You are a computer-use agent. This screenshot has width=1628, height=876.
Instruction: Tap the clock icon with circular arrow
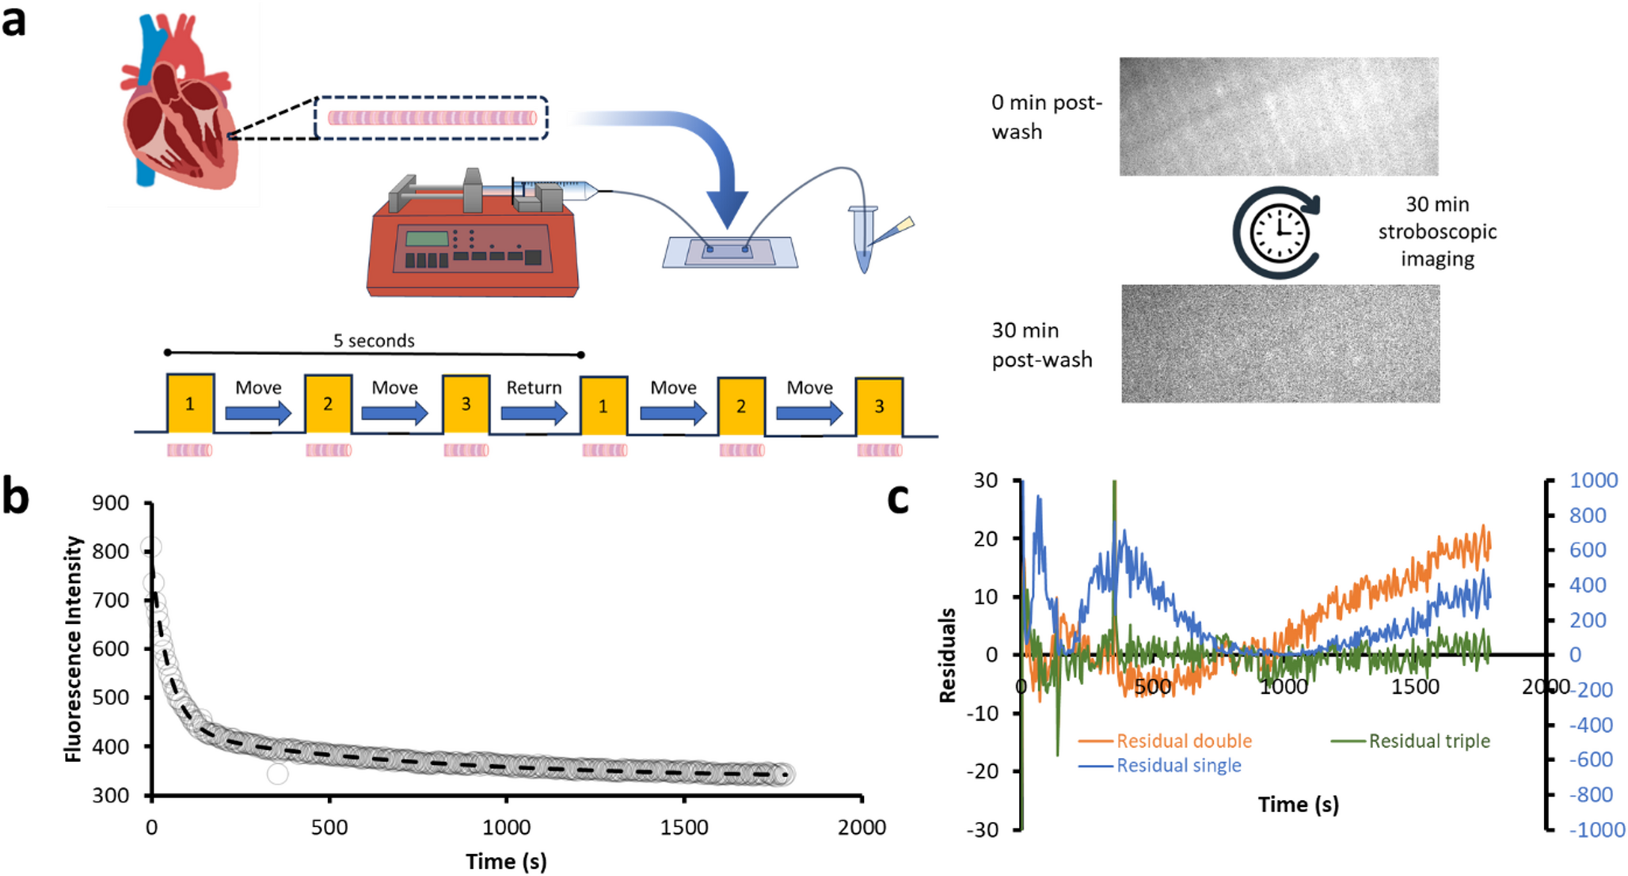coord(1277,233)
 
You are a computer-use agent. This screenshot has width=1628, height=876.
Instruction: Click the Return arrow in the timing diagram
coord(534,411)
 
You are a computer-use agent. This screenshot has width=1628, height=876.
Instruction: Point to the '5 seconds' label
coord(374,341)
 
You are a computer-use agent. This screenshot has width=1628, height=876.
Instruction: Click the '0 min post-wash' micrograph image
coord(1278,116)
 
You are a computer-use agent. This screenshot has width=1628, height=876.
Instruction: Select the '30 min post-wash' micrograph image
coord(1280,344)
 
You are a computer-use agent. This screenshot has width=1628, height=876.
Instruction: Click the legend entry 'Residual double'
coord(1183,741)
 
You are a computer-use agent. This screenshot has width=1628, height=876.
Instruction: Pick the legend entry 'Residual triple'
coord(1428,741)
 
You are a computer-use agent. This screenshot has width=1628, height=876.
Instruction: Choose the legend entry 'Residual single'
coord(1178,766)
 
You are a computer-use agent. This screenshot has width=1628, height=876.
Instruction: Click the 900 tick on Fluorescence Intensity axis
coord(111,503)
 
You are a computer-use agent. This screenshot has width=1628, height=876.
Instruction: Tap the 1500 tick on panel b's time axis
coord(683,828)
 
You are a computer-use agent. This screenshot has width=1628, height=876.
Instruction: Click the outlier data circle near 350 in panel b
coord(277,773)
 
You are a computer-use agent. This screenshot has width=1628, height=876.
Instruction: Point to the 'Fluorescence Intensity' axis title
coord(74,649)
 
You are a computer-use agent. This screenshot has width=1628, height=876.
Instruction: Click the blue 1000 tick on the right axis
coord(1593,481)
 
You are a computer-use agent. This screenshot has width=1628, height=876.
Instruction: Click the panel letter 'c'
coord(897,500)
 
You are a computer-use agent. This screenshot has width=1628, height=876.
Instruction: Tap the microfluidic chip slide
coord(729,252)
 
